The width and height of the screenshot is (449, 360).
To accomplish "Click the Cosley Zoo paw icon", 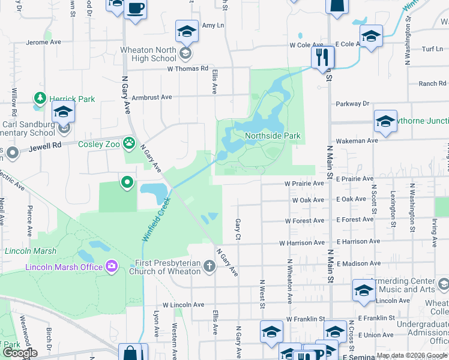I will pyautogui.click(x=128, y=143).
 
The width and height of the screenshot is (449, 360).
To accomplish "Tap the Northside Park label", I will pyautogui.click(x=273, y=136).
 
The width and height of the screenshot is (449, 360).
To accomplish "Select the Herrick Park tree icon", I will pyautogui.click(x=40, y=98).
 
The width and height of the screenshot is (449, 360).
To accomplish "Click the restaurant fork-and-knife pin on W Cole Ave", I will pyautogui.click(x=322, y=58).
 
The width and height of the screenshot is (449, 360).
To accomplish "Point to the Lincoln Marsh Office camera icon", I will pyautogui.click(x=111, y=266).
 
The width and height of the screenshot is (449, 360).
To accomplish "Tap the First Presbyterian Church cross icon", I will pyautogui.click(x=209, y=266).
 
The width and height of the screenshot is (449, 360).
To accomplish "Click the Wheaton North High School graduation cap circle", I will pyautogui.click(x=186, y=55).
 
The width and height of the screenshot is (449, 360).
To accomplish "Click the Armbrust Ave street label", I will pyautogui.click(x=152, y=97).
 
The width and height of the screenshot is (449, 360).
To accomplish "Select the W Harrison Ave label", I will pyautogui.click(x=301, y=243).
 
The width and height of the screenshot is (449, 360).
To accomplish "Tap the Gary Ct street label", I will pyautogui.click(x=238, y=227).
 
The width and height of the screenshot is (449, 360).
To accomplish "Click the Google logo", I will pyautogui.click(x=19, y=353).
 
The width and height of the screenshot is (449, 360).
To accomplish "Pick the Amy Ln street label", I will pyautogui.click(x=212, y=25).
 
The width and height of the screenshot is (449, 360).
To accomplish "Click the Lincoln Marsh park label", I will pyautogui.click(x=31, y=251).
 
